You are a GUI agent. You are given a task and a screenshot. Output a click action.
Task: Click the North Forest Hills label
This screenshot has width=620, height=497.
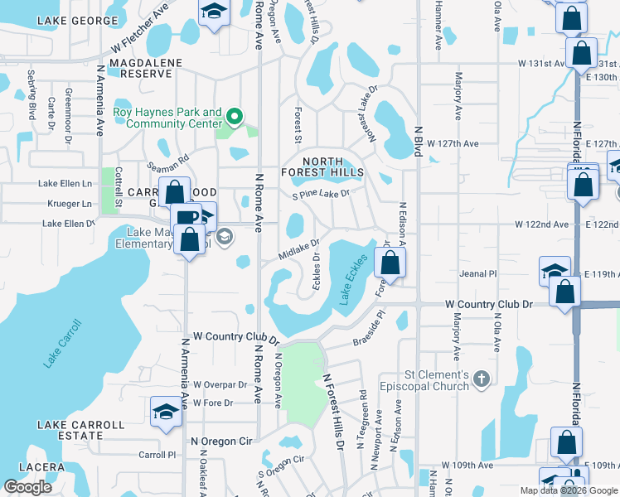tap(322, 166)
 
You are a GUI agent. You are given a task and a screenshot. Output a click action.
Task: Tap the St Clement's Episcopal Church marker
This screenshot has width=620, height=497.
tap(482, 379)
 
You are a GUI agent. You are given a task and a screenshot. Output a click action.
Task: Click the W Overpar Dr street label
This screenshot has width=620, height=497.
tap(220, 385)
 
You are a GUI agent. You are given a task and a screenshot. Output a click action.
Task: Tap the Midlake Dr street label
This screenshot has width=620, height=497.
tap(298, 248)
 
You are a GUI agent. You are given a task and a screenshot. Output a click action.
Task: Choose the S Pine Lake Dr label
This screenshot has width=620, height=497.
tap(320, 195)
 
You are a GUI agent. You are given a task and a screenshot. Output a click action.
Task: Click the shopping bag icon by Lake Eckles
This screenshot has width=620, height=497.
tap(390, 263)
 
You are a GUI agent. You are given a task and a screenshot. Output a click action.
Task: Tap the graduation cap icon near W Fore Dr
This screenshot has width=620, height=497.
tap(166, 413)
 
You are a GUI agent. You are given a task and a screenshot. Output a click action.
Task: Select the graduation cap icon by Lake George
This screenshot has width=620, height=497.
tap(214, 12)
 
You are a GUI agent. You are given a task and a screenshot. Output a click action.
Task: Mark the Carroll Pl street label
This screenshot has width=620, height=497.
tap(157, 455)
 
